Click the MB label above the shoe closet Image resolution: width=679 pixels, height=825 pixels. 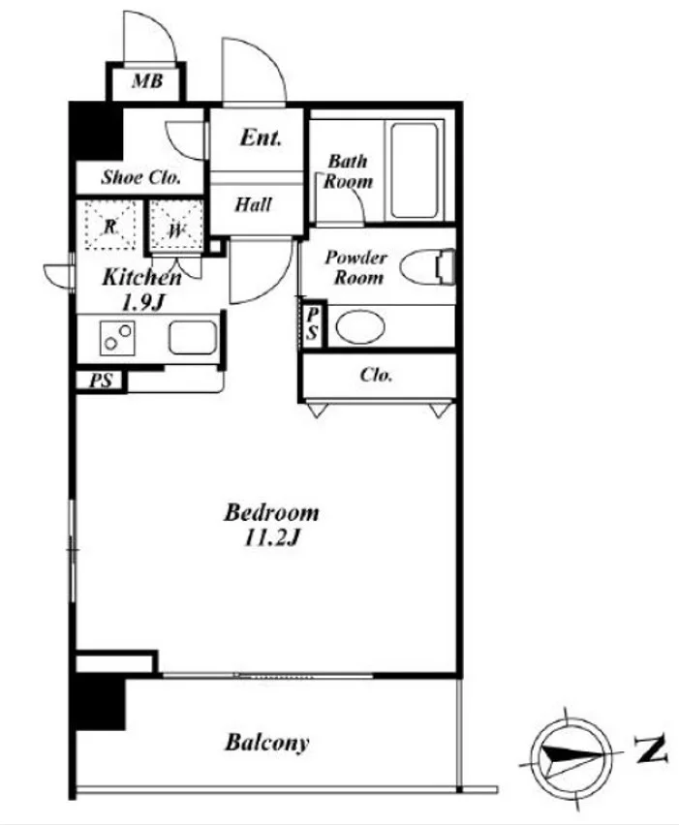tap(147, 81)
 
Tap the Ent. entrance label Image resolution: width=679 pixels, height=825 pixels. tap(261, 137)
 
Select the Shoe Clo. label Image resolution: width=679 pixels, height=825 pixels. tap(141, 177)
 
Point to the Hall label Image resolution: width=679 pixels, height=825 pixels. tap(253, 204)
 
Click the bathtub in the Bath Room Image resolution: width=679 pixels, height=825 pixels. tap(415, 170)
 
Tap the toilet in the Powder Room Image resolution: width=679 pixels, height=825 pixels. tap(427, 266)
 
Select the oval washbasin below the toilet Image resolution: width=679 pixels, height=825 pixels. tap(360, 326)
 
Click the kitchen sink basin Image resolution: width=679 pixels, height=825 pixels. tap(193, 337)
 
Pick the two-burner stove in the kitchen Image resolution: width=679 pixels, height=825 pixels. tap(117, 337)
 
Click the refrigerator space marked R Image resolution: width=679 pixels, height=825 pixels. tap(109, 226)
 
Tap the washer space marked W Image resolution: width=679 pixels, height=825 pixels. tap(175, 228)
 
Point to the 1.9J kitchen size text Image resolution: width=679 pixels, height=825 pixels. tap(143, 302)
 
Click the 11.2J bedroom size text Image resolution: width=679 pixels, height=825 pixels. tap(271, 537)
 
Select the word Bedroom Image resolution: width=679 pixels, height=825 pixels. tap(271, 512)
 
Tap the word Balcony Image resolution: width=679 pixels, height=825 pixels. tap(267, 743)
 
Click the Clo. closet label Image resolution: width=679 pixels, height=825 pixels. tap(376, 375)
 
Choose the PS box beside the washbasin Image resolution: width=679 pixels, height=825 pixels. tap(313, 323)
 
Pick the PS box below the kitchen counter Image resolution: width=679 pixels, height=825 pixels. tap(101, 381)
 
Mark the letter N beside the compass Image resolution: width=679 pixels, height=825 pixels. tap(651, 749)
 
